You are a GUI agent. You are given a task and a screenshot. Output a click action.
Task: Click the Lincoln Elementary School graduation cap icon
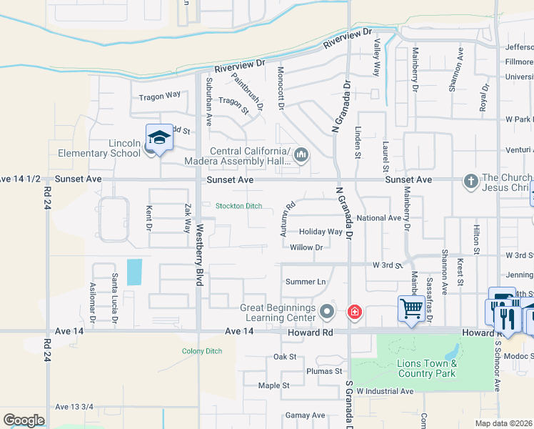click(x=158, y=137)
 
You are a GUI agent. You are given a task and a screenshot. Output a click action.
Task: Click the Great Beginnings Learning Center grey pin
click(x=327, y=312)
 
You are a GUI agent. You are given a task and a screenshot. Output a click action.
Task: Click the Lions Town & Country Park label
click(x=426, y=368)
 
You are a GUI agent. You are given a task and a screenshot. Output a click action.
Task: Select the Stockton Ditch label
click(x=239, y=206)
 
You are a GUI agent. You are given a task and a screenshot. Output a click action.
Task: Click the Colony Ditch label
click(x=202, y=351)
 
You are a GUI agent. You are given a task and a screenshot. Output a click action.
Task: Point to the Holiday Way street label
click(x=321, y=232)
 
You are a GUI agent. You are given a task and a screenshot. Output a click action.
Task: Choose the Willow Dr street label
click(x=307, y=247)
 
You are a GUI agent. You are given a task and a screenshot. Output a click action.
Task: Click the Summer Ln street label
click(x=306, y=282)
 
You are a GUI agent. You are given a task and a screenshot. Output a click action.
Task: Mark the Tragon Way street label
click(x=160, y=96)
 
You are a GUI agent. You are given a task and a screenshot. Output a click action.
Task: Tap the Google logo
click(x=24, y=420)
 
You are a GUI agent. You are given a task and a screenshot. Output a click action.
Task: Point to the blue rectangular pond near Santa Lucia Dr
click(x=133, y=272)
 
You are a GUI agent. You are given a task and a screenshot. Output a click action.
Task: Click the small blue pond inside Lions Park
click(x=451, y=352)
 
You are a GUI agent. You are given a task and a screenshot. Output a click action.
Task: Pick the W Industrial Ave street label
click(x=385, y=391)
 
